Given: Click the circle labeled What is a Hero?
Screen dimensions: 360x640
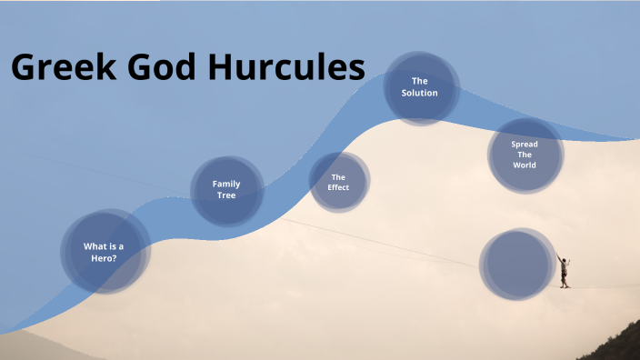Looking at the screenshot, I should click(x=105, y=251).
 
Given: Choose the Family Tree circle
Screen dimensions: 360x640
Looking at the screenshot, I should click(x=226, y=190).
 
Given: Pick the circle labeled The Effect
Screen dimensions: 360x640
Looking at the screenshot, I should click(x=339, y=182).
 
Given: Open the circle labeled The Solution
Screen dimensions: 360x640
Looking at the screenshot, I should click(x=420, y=87).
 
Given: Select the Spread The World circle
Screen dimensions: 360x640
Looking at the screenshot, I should click(x=525, y=155).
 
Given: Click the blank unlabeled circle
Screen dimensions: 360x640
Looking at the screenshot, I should click(x=517, y=265).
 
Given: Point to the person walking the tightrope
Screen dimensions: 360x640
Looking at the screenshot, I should click(x=564, y=271).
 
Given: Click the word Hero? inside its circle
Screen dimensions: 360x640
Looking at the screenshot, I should click(x=104, y=258).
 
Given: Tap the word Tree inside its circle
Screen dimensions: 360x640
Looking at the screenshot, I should click(x=226, y=195).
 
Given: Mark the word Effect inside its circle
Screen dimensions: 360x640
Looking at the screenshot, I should click(x=338, y=188).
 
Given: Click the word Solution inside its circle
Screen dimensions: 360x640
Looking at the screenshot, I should click(x=420, y=93).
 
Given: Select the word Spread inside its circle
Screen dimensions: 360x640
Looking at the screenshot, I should click(x=525, y=144).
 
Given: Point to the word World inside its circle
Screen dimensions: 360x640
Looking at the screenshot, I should click(x=525, y=165).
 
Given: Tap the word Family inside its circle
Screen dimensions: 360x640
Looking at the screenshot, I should click(x=226, y=184).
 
